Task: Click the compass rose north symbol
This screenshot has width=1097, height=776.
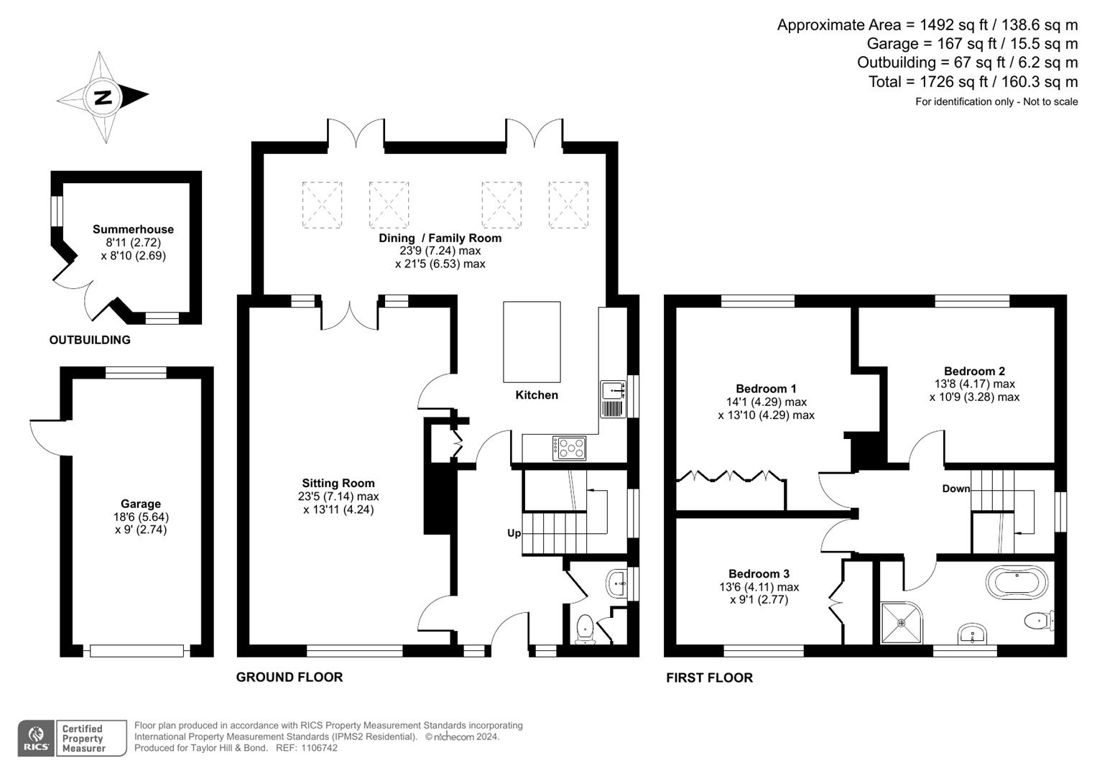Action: point(103,96)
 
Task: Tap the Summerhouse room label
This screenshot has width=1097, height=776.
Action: point(133,230)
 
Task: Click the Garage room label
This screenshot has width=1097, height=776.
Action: point(141,504)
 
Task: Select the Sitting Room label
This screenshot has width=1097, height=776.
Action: point(338,484)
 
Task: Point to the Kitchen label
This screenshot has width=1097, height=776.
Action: point(537,395)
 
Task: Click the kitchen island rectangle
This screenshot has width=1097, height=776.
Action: point(532,342)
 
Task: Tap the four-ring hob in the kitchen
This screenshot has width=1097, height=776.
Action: point(569,448)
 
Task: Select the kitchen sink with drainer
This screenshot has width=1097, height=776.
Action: point(612,399)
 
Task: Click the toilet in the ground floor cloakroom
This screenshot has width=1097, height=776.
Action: point(585,627)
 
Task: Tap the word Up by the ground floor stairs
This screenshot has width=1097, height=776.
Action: point(514,533)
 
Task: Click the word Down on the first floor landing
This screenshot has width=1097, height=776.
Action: point(955,489)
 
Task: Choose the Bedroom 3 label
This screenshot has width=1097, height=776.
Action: point(759,574)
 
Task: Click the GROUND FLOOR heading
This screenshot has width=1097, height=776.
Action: point(290,677)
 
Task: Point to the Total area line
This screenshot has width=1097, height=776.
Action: point(973,82)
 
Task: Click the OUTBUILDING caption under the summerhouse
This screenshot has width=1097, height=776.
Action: point(90,340)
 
